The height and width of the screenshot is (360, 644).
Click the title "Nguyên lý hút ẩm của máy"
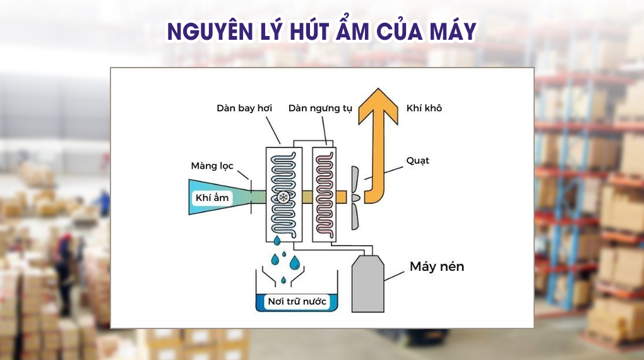321,31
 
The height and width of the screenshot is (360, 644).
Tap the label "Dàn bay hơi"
244,108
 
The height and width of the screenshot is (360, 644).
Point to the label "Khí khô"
424,108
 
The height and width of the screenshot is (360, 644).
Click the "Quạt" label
418,160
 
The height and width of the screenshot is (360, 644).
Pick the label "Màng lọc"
212,166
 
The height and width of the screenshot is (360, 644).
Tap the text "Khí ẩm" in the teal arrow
212,198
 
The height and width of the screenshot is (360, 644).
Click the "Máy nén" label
437,267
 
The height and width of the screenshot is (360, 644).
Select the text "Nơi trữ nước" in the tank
297,301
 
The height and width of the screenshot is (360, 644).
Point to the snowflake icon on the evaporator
283,198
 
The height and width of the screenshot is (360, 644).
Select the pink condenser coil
328,189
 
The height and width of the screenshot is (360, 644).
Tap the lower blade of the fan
355,215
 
